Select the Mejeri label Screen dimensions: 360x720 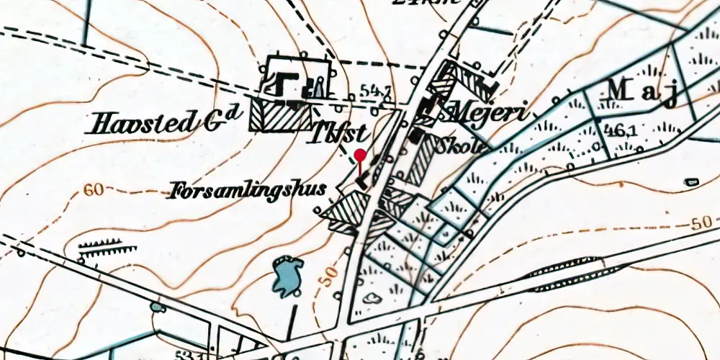[x=487, y=112]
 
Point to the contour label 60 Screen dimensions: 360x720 [x=93, y=190]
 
